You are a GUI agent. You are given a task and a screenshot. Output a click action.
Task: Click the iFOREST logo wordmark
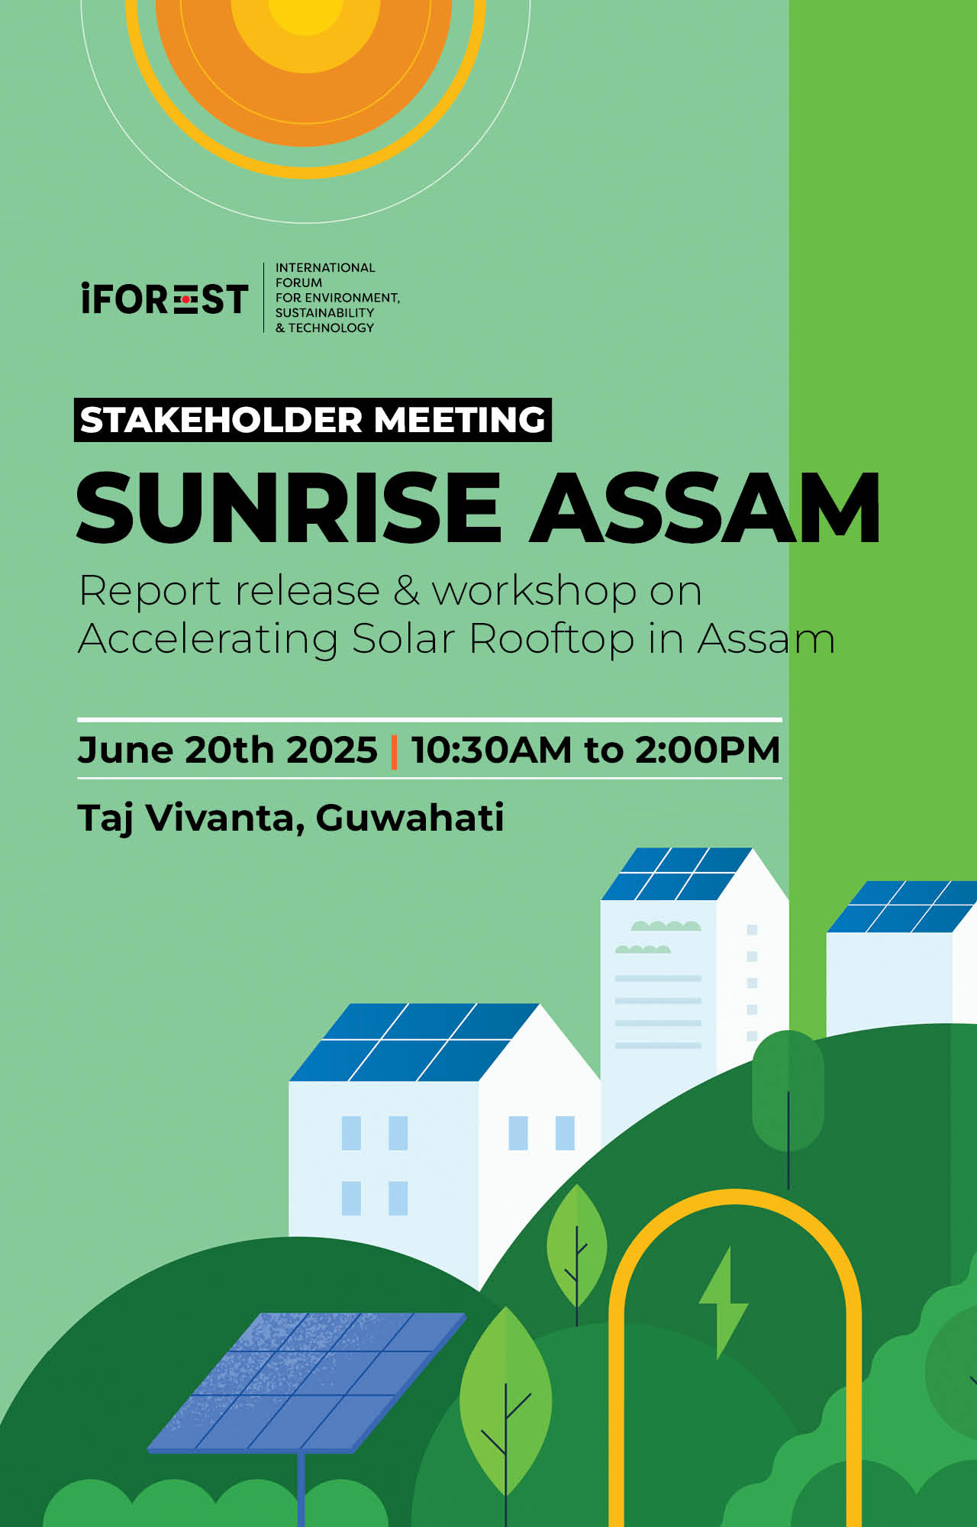[164, 299]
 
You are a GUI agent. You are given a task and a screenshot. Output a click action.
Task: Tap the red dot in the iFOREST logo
[186, 300]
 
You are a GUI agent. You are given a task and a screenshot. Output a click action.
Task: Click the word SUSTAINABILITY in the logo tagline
[324, 313]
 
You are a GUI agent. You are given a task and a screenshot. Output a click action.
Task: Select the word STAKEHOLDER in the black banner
[221, 420]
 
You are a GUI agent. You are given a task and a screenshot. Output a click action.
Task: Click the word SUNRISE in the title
[289, 507]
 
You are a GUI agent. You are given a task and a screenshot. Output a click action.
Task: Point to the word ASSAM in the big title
[706, 507]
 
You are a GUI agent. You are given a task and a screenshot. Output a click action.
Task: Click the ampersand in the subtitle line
[407, 591]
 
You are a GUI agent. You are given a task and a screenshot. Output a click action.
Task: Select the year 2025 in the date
[331, 750]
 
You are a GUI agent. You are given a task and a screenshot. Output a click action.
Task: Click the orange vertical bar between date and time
[394, 751]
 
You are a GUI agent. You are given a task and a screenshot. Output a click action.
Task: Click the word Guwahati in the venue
[410, 818]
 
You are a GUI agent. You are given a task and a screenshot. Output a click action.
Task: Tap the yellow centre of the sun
[305, 15]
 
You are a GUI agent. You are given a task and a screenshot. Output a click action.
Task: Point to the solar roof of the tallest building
[676, 873]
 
